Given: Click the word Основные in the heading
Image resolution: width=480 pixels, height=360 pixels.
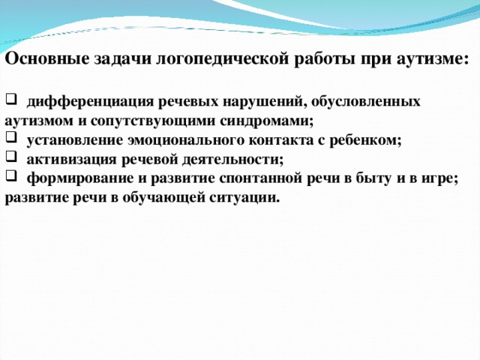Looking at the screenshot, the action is pos(46,58).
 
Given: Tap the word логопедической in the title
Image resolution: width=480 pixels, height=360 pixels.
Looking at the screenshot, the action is pos(222,60).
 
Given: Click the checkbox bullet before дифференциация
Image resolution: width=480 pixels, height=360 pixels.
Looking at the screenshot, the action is pos(10,98).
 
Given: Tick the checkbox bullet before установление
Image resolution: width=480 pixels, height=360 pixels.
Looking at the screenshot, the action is pos(10,137).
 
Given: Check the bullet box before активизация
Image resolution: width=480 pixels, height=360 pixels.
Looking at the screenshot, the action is pos(10,157).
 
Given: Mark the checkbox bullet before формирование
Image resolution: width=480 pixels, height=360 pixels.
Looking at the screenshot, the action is pos(10,175).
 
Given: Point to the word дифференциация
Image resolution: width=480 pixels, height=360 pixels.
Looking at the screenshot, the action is pos(90,102).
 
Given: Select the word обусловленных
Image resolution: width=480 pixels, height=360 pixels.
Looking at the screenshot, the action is pos(365,101).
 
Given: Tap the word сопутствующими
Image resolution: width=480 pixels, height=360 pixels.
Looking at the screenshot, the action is pos(153,121).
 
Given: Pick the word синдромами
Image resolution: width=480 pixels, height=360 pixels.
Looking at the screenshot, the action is pos(267,121).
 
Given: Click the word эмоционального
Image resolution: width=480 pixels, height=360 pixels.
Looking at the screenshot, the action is pos(187,140).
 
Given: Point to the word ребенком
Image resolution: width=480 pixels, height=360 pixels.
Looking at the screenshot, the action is pos(365,140).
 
